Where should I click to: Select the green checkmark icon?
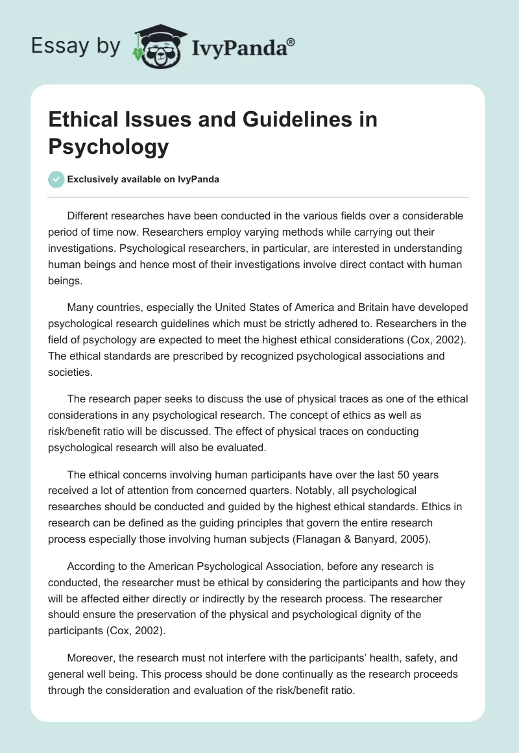coord(56,179)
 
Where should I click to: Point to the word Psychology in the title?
coord(109,147)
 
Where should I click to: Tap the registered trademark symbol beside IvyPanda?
coord(291,41)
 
